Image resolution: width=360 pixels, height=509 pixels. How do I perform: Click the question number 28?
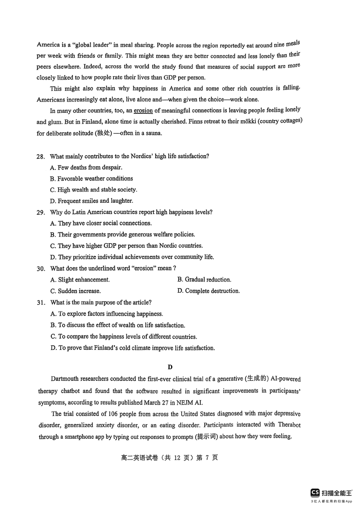pyautogui.click(x=40, y=156)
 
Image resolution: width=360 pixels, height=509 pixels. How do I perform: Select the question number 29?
pyautogui.click(x=40, y=212)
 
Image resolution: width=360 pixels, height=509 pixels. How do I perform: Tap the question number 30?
pyautogui.click(x=40, y=268)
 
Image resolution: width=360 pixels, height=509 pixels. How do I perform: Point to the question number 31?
pyautogui.click(x=40, y=303)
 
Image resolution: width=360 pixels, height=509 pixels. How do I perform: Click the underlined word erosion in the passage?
pyautogui.click(x=143, y=110)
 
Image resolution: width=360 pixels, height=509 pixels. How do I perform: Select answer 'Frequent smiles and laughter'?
pyautogui.click(x=92, y=201)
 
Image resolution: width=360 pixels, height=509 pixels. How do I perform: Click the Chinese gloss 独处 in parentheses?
pyautogui.click(x=103, y=133)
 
